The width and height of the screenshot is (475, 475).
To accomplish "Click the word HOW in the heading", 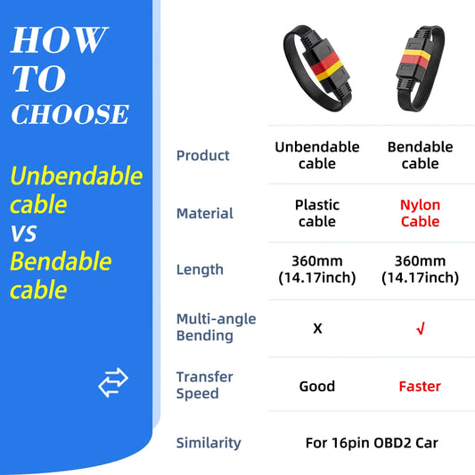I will tap(59, 40).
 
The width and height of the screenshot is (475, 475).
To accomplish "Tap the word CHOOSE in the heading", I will tap(70, 115).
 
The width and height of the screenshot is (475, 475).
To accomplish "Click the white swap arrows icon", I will tap(113, 383).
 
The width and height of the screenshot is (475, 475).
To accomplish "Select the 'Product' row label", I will tap(202, 156).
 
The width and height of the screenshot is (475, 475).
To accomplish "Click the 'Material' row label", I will tap(204, 213).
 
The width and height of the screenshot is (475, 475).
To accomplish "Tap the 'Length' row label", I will tap(200, 269).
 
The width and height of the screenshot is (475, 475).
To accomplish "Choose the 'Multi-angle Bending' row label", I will tap(216, 327).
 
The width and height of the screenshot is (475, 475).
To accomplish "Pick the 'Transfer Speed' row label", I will tap(204, 385).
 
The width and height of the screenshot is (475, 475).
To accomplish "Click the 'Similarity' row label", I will tap(209, 442).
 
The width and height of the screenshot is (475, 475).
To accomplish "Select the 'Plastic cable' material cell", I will tap(317, 213).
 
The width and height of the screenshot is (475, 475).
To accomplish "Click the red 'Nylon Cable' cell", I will tap(420, 213).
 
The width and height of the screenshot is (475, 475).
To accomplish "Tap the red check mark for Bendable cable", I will tap(420, 329).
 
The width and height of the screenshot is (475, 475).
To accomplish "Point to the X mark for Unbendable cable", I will tap(317, 328).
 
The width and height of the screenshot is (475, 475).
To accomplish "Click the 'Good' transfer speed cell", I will tap(317, 386).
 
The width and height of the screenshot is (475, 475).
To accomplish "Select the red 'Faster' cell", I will tap(420, 386).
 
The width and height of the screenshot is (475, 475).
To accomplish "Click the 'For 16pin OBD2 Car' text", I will tap(371, 442).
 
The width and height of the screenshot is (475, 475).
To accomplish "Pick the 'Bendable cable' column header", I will tap(420, 155).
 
